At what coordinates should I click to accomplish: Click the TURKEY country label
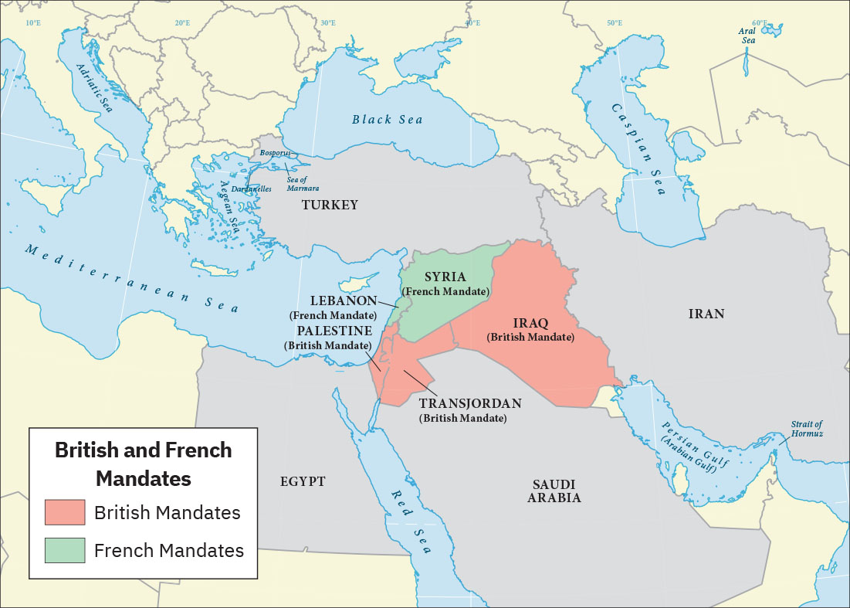[330, 205]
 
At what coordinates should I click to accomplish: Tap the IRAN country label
[706, 313]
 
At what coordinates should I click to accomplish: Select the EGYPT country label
[303, 481]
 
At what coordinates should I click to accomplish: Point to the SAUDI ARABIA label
[554, 491]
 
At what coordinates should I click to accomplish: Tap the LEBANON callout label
[344, 301]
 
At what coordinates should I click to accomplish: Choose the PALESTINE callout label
[330, 330]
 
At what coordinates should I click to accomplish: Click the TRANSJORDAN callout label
[470, 403]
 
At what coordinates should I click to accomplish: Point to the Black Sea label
[388, 119]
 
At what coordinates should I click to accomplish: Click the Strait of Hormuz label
[807, 429]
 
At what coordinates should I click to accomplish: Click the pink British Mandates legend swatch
[65, 512]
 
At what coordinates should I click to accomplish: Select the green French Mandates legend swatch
[65, 550]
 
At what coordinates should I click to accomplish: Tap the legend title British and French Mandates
[143, 464]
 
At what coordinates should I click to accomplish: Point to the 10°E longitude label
[33, 23]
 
